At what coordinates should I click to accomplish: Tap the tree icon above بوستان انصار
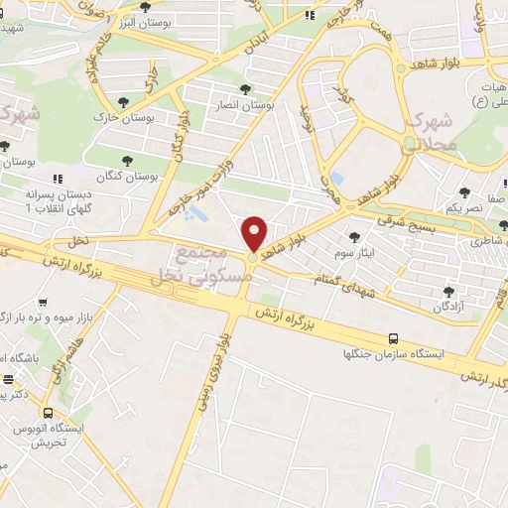point(244,90)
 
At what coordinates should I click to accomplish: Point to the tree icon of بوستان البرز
point(145,6)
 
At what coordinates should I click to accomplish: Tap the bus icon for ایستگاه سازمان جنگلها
point(394,337)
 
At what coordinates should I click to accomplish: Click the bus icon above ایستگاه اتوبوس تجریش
point(47,410)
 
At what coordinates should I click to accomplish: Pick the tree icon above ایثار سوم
point(355,236)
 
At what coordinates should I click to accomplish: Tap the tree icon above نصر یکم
point(464,193)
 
